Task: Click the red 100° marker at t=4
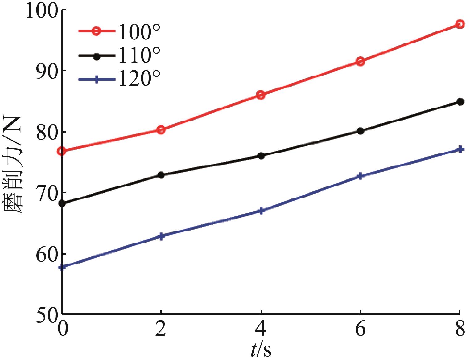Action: [x=261, y=95]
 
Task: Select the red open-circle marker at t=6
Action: [x=360, y=61]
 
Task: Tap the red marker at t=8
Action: [x=460, y=24]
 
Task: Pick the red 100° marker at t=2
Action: [x=161, y=130]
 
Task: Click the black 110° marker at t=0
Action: [x=62, y=203]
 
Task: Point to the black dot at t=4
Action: [x=261, y=156]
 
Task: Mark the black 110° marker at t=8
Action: [x=460, y=102]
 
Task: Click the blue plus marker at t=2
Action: [x=161, y=236]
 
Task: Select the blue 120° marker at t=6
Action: [x=360, y=176]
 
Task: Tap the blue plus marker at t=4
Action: [x=261, y=211]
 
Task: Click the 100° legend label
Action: [x=139, y=32]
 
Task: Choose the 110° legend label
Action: [x=139, y=56]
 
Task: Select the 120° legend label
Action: [x=139, y=79]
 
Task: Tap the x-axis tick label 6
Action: [x=360, y=329]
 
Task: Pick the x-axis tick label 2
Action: [x=161, y=329]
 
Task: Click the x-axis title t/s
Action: [x=261, y=350]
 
